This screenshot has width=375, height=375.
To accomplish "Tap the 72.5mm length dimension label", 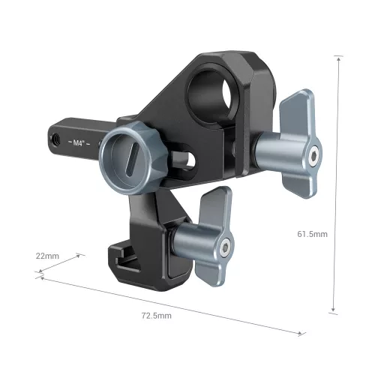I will point(155,316).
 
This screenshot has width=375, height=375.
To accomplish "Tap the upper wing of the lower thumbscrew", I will point(214,206).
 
